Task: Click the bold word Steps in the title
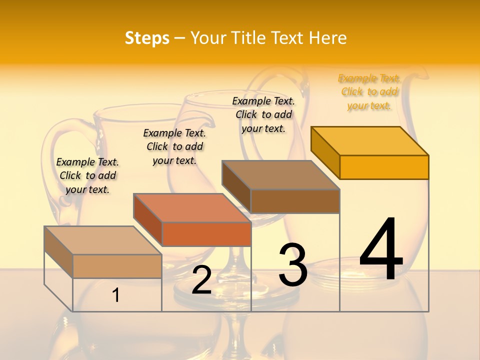click(147, 38)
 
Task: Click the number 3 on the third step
click(293, 264)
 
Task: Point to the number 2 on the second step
click(201, 280)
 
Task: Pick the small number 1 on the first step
click(116, 295)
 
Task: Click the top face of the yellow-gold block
click(370, 140)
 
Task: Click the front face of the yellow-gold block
click(384, 167)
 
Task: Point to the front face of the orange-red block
click(206, 234)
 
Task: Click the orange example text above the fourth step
click(369, 92)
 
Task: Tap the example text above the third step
click(263, 114)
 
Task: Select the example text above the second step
click(174, 146)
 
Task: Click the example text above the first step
click(87, 175)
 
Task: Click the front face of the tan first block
click(117, 266)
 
